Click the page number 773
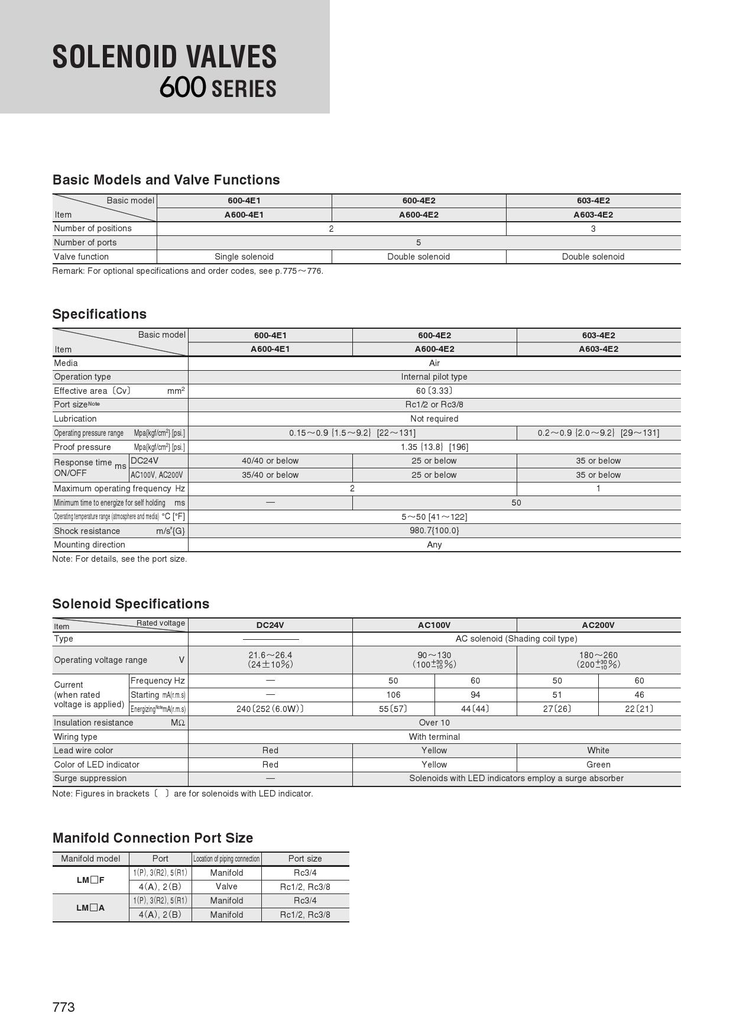click(64, 1007)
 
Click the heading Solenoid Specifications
click(131, 604)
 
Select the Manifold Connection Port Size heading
click(153, 838)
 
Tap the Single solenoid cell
click(244, 257)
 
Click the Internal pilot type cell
click(434, 377)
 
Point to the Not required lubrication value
click(434, 419)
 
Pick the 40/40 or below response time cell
click(270, 461)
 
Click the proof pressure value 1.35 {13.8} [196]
click(434, 447)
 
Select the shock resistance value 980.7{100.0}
click(434, 530)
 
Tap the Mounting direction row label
click(90, 545)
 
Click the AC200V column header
click(598, 625)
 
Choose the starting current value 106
click(393, 695)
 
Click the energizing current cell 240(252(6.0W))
click(270, 709)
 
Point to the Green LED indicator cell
click(598, 765)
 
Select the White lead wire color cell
click(598, 750)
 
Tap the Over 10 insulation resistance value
click(434, 723)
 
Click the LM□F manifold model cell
click(90, 880)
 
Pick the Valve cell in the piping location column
click(226, 886)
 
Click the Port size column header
click(305, 859)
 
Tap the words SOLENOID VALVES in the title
click(164, 57)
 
